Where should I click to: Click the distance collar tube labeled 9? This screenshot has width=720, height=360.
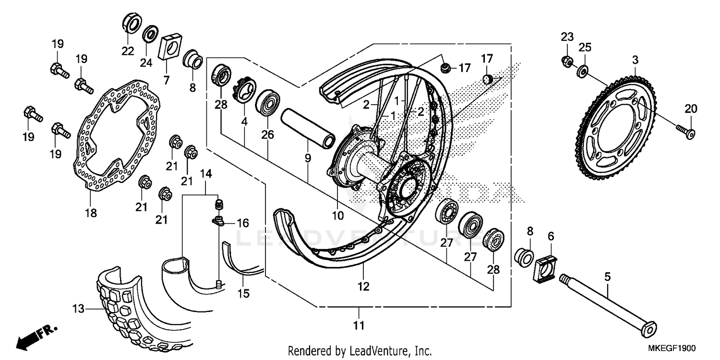coord(307,126)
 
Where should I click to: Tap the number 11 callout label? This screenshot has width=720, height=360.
coord(359,326)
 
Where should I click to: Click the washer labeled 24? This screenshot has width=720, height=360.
coord(151,35)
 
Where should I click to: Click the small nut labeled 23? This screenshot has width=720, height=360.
coord(566,61)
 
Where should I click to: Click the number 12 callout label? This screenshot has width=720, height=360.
coord(363,287)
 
